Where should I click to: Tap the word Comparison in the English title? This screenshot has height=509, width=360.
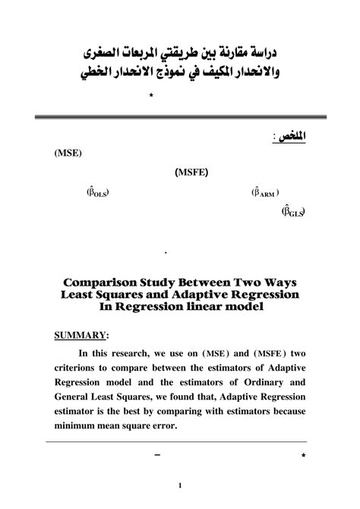point(95,280)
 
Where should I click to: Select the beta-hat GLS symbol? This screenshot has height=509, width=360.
point(293,212)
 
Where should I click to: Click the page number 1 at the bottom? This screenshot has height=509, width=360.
point(180,485)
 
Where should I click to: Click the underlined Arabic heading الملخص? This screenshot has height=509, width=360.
point(282,134)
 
